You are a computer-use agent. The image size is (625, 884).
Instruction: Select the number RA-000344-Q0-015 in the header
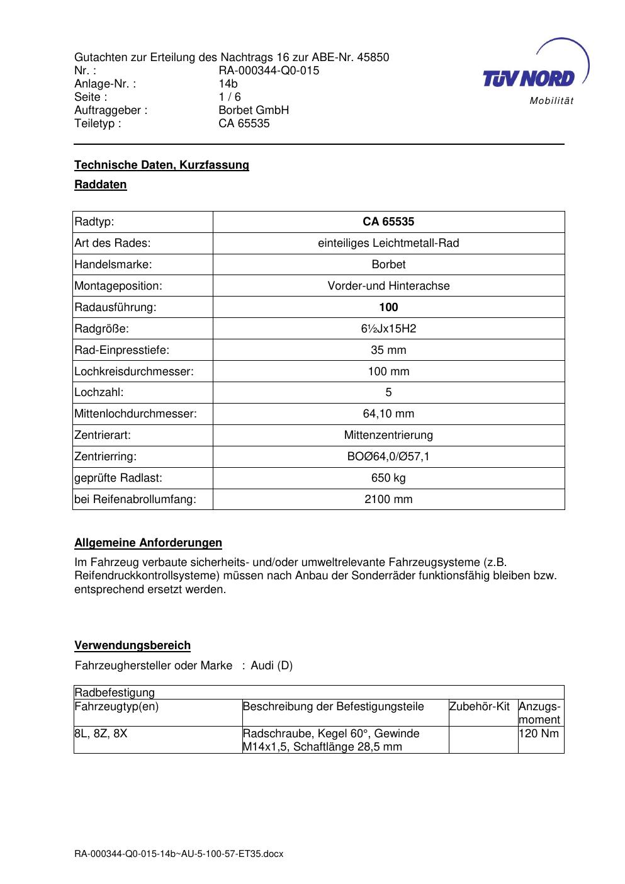pos(269,71)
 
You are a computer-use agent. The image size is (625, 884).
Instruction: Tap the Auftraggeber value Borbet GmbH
pos(254,110)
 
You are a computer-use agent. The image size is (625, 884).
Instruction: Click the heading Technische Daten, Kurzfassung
pos(162,165)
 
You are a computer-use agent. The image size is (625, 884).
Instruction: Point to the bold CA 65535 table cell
pos(388,222)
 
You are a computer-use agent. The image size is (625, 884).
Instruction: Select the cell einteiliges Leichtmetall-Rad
pos(388,243)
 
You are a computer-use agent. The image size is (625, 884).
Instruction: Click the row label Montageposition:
pos(118,286)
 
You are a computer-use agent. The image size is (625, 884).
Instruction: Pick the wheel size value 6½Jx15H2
pos(388,329)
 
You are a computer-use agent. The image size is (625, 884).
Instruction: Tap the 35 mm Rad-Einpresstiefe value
pos(388,350)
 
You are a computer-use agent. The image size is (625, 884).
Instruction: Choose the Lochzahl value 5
pos(388,392)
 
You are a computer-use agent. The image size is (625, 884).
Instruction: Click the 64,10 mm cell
pos(388,414)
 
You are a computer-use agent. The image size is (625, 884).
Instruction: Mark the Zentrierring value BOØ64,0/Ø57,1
pos(388,456)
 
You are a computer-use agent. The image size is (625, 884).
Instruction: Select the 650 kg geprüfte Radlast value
pos(388,478)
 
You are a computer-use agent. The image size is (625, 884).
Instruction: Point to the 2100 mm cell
pos(388,499)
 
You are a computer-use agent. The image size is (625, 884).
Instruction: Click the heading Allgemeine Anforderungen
pos(148,543)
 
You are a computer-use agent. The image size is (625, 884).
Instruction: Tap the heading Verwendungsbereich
pos(132,645)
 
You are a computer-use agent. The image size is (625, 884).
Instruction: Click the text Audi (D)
pos(271,666)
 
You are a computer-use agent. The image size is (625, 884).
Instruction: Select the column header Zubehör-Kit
pos(480,706)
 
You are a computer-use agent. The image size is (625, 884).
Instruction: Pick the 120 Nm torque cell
pos(539,734)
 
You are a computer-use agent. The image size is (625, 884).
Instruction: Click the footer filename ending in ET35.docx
pos(179,854)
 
